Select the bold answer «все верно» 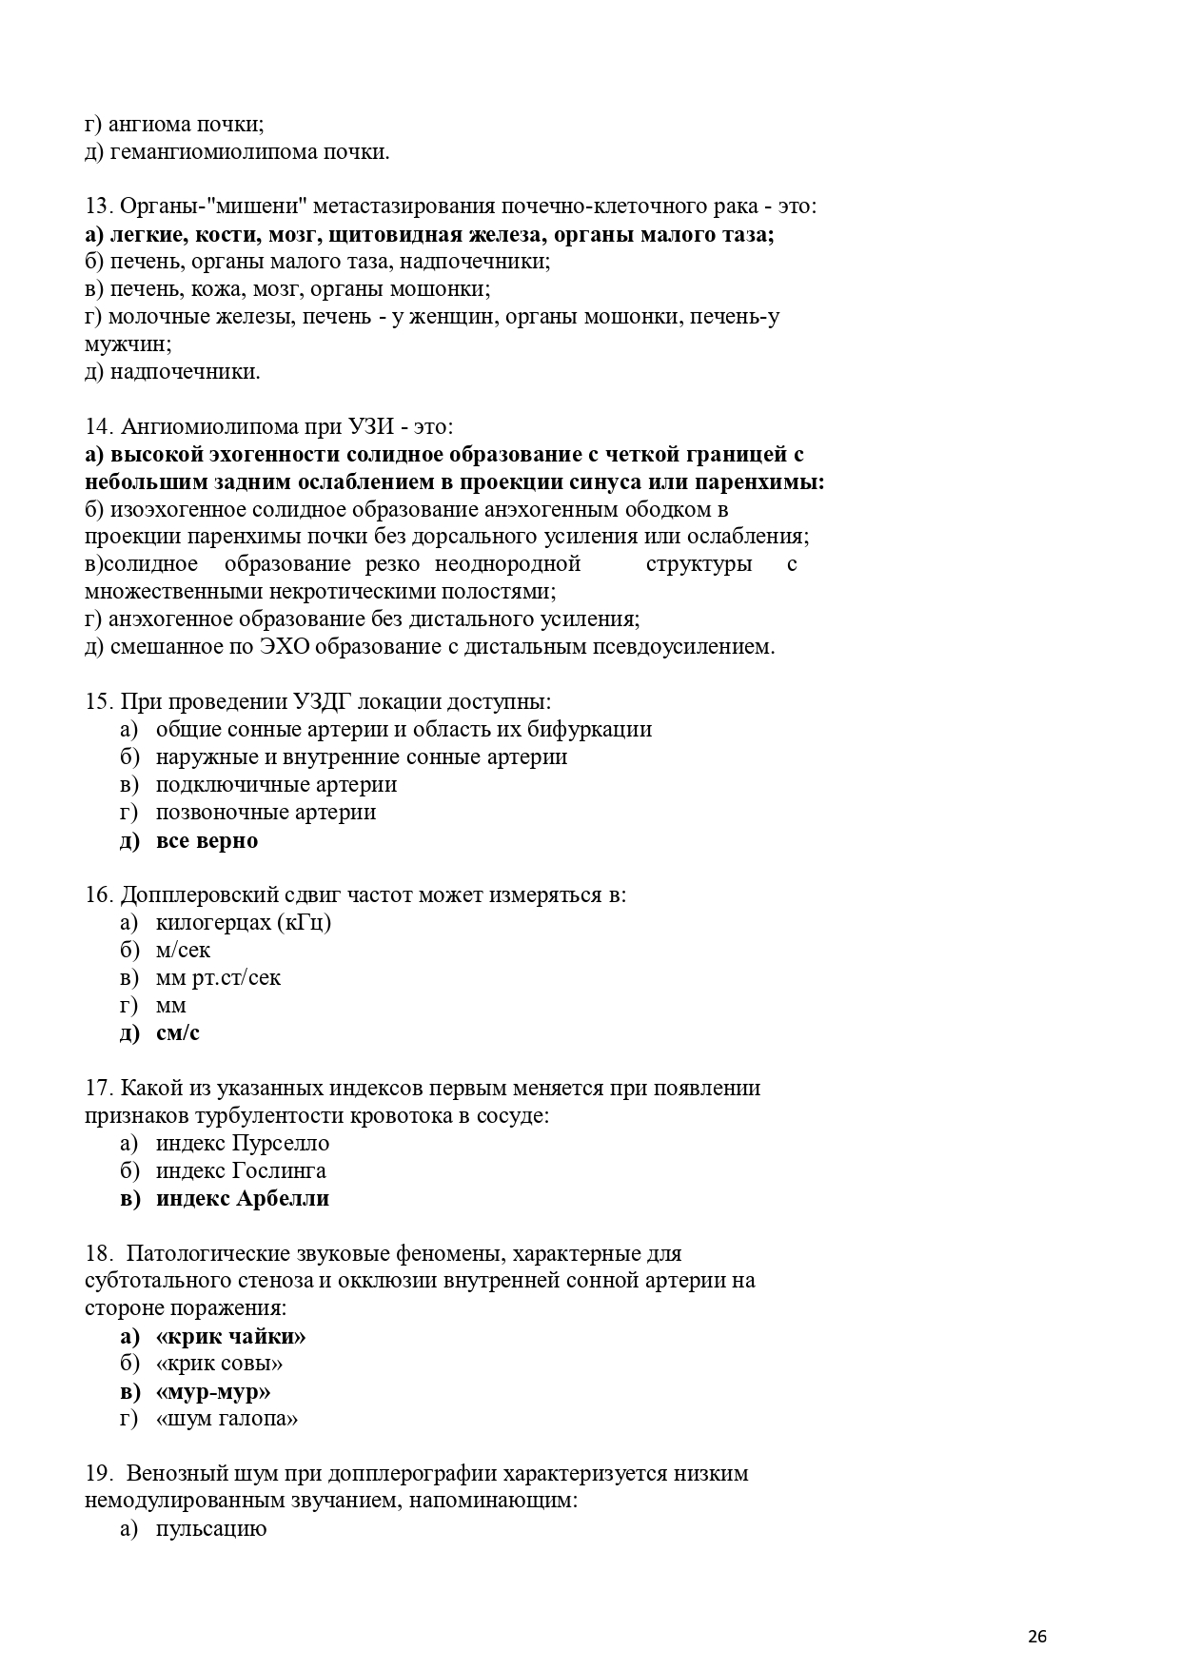point(207,840)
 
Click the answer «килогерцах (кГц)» point(243,922)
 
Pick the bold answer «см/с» point(178,1032)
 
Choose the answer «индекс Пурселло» point(242,1143)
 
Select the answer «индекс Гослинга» point(240,1170)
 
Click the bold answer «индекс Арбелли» point(242,1198)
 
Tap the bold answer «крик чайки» point(230,1336)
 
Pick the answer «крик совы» point(219,1364)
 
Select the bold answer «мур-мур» point(213,1391)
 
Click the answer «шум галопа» point(226,1419)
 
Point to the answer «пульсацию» point(210,1529)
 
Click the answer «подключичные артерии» point(276,785)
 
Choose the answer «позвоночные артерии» point(266,813)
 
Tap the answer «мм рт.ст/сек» point(218,977)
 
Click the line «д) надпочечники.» point(172,372)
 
